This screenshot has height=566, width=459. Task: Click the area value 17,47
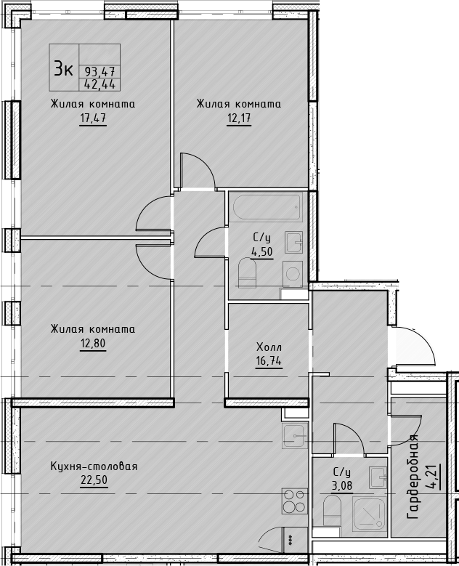[93, 118]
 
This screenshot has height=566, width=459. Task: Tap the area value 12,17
[239, 118]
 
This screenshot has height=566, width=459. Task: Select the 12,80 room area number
[93, 343]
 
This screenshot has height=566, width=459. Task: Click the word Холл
[269, 347]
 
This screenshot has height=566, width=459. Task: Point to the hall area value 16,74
[269, 360]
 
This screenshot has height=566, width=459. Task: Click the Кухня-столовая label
[94, 466]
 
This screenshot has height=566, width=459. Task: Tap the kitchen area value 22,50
[94, 480]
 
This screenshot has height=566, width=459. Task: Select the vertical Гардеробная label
[413, 477]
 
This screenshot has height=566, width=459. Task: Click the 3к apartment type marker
[64, 68]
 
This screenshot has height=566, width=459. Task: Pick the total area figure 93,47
[99, 71]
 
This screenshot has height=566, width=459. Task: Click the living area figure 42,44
[99, 84]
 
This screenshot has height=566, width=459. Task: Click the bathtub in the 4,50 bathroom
[267, 208]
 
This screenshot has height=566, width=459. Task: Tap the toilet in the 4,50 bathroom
[248, 272]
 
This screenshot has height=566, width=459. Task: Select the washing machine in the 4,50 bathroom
[293, 274]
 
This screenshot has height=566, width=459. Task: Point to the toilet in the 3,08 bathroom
[332, 510]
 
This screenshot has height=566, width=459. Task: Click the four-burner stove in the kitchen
[294, 501]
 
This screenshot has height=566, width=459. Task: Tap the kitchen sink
[295, 436]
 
